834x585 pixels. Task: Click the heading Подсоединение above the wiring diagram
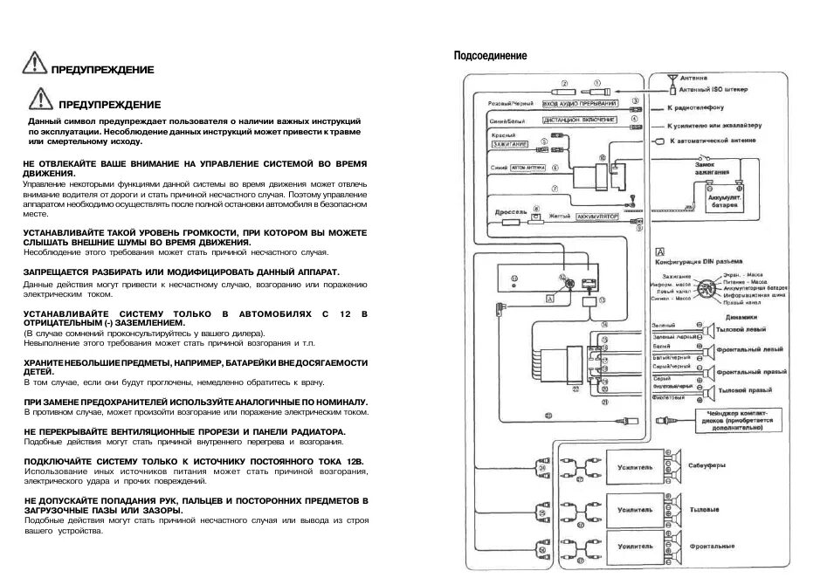point(490,56)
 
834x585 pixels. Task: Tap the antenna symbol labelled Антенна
point(672,82)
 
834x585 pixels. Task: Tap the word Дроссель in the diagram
point(507,212)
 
